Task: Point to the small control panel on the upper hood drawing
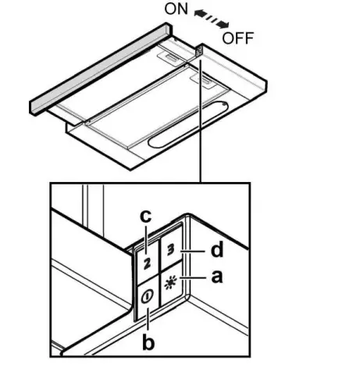(x=200, y=52)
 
